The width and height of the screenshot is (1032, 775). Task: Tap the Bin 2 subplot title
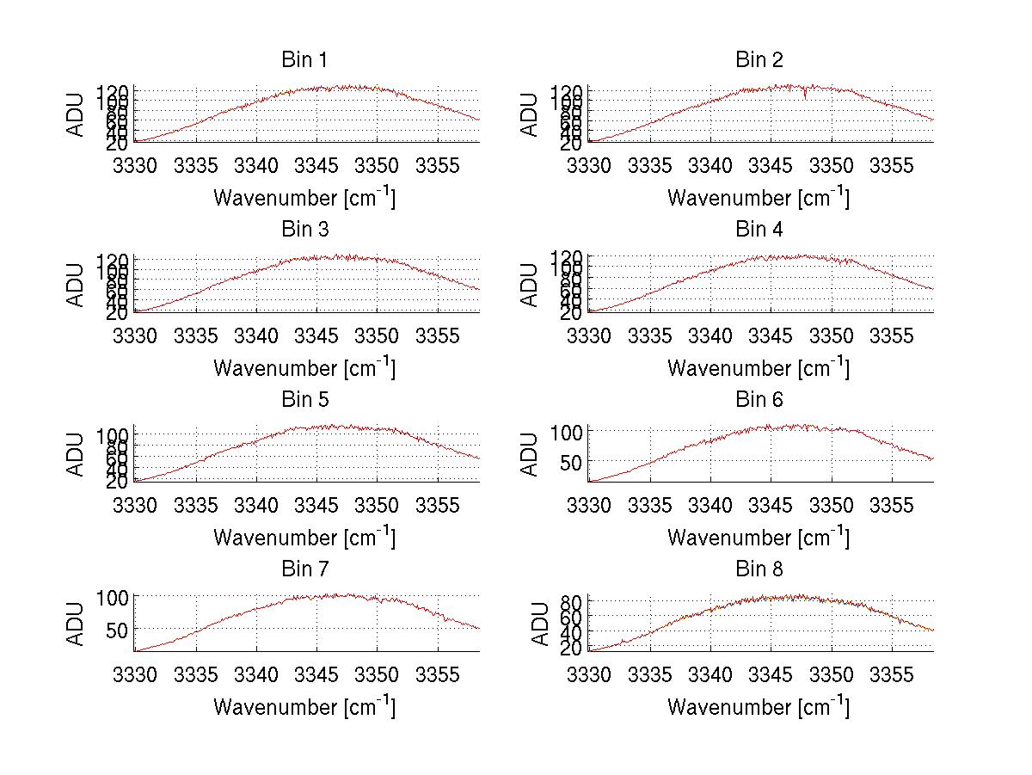[x=759, y=60]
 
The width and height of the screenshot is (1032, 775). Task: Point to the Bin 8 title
[x=759, y=569]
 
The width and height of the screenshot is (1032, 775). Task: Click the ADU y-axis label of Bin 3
[x=76, y=286]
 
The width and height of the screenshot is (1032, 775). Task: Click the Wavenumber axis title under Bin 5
[x=304, y=538]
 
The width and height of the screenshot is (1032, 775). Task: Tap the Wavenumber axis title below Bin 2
[x=759, y=198]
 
